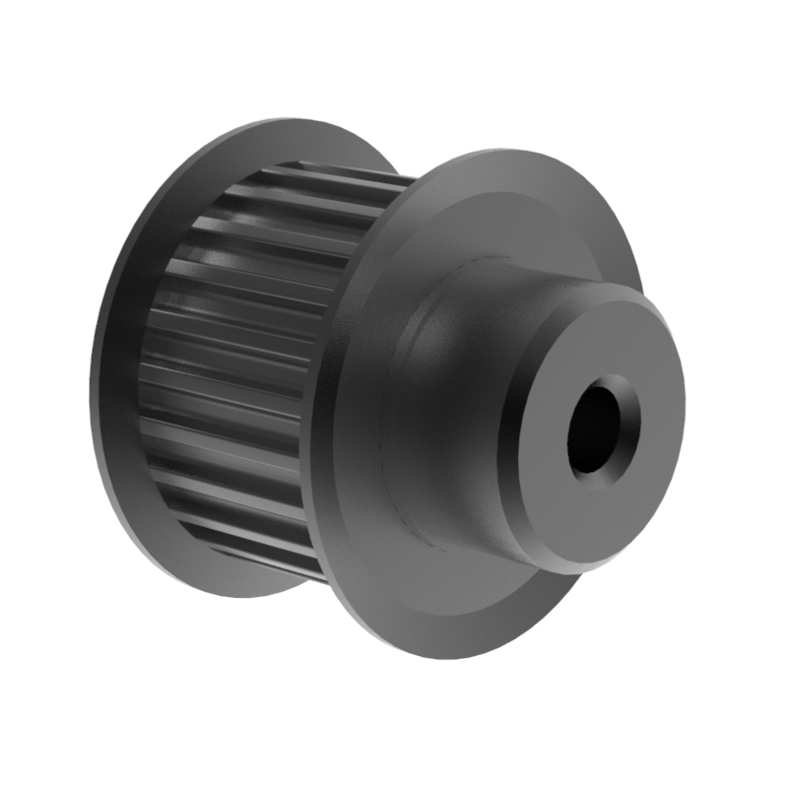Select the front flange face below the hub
coord(443,591)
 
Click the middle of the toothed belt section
coord(236,374)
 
